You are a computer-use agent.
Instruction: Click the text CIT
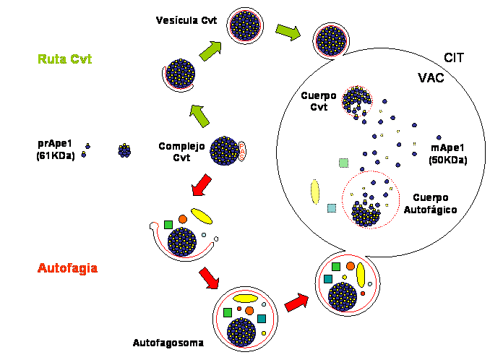pyautogui.click(x=455, y=55)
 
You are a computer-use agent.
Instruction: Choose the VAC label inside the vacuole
pyautogui.click(x=431, y=77)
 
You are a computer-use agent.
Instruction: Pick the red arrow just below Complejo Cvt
pyautogui.click(x=201, y=184)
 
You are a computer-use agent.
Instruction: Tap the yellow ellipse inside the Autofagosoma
pyautogui.click(x=245, y=298)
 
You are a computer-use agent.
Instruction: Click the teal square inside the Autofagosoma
pyautogui.click(x=262, y=319)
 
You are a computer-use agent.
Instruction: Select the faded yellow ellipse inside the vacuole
pyautogui.click(x=315, y=191)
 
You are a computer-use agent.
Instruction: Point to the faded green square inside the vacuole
pyautogui.click(x=343, y=163)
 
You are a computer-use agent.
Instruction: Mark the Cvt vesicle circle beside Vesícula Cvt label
pyautogui.click(x=245, y=25)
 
